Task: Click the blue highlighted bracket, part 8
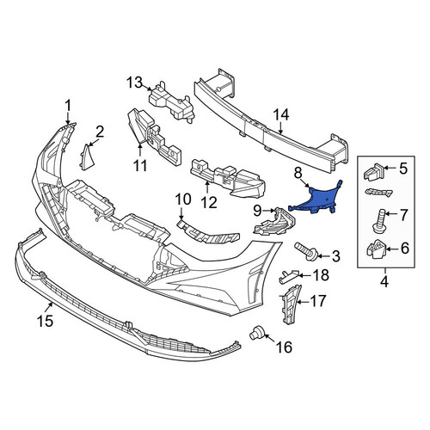318,199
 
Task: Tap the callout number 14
281,115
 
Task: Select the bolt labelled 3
304,251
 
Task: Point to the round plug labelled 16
257,334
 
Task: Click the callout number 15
46,321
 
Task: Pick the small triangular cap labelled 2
86,157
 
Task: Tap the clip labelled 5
373,171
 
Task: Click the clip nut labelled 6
376,249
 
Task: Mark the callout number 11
140,166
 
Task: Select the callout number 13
134,83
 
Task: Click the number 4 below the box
384,282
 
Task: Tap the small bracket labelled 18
288,276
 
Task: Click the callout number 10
183,200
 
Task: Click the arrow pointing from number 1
68,118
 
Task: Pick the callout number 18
321,275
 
